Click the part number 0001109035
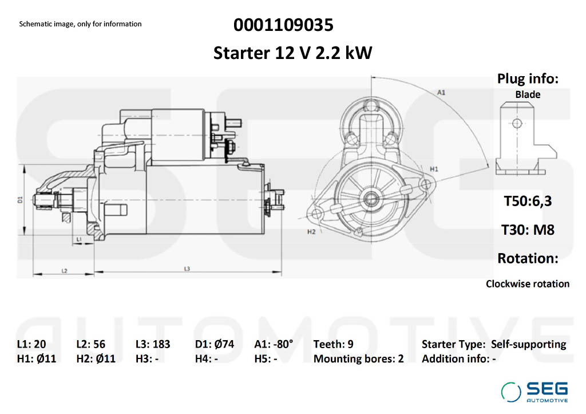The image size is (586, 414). coord(283,25)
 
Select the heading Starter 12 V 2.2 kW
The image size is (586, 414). coord(292,53)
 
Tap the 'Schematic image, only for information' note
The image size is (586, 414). coord(80,24)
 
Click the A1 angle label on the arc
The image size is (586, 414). coord(441,92)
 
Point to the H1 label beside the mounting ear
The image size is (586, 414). coord(434,169)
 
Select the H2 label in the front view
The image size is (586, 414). coord(311,232)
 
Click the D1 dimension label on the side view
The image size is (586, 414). coord(20,200)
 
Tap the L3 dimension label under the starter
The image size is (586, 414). coord(187,269)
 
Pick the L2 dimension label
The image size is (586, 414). coord(64,270)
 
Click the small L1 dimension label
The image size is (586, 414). coord(79,239)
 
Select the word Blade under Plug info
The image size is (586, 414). coord(528,94)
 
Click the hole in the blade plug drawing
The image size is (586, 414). coord(517,123)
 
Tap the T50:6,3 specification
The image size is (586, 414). coord(528,201)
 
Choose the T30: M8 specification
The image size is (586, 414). coord(528,230)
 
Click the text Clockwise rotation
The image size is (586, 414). coord(528,284)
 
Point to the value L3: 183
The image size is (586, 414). coord(153,344)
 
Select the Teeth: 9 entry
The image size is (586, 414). coord(334,344)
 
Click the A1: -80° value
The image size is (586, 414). coord(274,344)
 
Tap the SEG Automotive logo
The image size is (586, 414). coord(534,392)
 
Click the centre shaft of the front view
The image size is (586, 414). coord(371,198)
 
